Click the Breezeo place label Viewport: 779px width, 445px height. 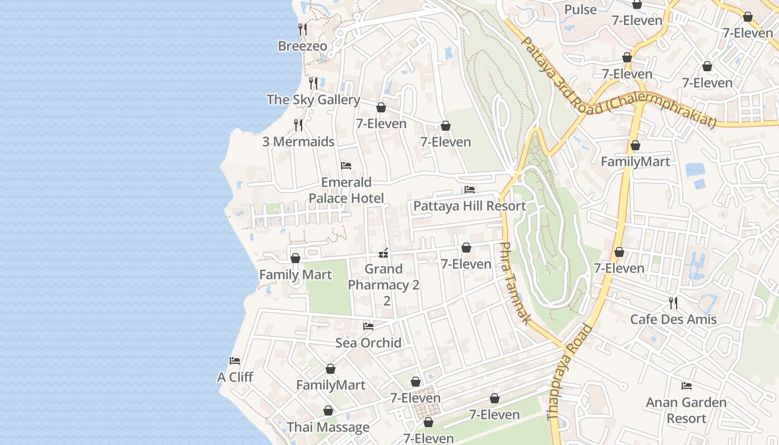click(302, 46)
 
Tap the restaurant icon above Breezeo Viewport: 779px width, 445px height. click(302, 29)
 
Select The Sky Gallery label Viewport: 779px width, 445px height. click(313, 100)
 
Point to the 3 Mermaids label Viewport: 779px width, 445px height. click(298, 142)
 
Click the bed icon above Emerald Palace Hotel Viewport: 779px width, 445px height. click(346, 166)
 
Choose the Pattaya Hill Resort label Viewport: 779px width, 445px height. click(469, 206)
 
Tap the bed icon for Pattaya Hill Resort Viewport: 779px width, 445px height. click(470, 190)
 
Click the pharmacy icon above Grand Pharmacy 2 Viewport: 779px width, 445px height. click(383, 254)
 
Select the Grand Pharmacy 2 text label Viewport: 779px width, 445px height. click(383, 285)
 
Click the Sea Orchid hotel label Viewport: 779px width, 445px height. click(368, 343)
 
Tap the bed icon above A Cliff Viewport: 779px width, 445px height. click(235, 361)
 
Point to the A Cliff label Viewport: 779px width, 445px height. click(235, 377)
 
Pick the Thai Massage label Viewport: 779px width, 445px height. click(328, 427)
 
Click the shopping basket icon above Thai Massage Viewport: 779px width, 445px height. click(328, 411)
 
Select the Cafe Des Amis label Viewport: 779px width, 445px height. click(673, 319)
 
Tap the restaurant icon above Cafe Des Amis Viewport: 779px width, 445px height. click(673, 303)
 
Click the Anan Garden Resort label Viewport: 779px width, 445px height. click(686, 410)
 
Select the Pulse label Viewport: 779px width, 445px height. click(580, 9)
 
